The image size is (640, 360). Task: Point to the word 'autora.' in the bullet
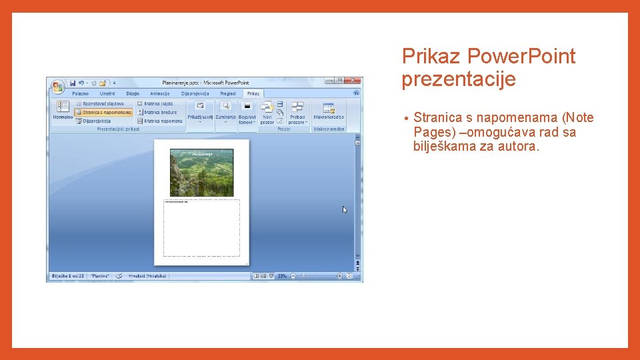517,146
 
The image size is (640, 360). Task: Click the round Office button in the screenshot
57,86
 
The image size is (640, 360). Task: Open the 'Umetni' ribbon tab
107,94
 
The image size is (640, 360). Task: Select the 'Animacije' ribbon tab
160,94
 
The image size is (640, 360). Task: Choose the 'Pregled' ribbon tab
228,94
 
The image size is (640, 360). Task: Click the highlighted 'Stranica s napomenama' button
103,113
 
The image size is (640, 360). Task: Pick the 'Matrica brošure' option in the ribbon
160,113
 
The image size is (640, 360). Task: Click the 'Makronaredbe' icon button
329,110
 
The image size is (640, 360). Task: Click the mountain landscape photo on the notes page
202,172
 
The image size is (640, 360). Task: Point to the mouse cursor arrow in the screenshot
345,209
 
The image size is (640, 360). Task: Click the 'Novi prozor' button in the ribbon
267,111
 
